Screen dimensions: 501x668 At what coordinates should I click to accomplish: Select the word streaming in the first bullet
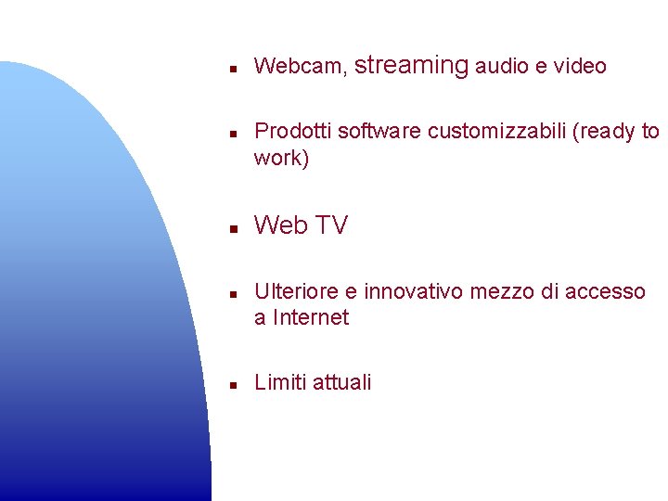[x=411, y=65]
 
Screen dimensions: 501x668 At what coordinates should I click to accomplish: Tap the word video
[x=580, y=67]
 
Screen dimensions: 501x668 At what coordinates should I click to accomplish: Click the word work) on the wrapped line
[x=281, y=158]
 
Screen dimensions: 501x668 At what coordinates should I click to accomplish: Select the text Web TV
[x=301, y=225]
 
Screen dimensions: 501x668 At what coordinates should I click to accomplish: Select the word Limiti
[x=280, y=382]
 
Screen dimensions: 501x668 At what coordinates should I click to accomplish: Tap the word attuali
[x=342, y=382]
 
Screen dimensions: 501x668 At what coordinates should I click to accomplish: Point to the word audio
[x=502, y=67]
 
